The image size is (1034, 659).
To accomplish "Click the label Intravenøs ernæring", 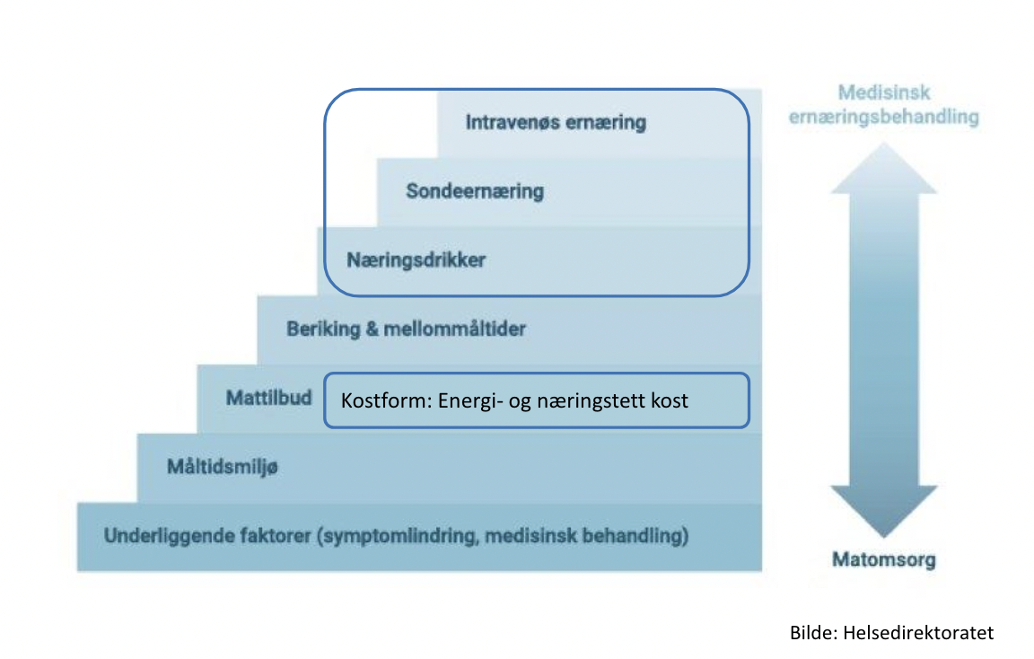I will (x=556, y=122).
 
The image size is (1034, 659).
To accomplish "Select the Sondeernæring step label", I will (x=474, y=191).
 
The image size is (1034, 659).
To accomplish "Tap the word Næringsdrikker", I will (x=416, y=260).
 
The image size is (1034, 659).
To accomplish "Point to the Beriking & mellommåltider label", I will (x=406, y=329).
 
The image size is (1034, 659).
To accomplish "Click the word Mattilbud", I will (x=269, y=397).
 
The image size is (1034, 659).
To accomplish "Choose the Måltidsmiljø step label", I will (x=222, y=466).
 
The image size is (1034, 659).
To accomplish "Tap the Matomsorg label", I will (x=883, y=560).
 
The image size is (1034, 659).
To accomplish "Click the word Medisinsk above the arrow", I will (x=883, y=92).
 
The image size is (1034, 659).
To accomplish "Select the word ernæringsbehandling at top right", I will (x=883, y=118).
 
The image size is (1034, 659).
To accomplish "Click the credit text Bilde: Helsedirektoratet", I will (x=891, y=632).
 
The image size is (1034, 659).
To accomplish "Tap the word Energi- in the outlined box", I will (x=469, y=400).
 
